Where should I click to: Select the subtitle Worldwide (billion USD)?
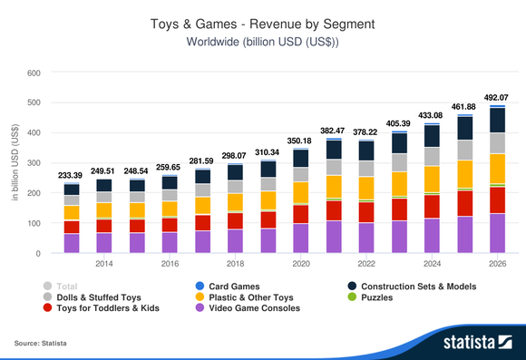pyautogui.click(x=262, y=42)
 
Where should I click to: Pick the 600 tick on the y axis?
pyautogui.click(x=34, y=73)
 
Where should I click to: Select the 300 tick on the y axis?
pyautogui.click(x=34, y=163)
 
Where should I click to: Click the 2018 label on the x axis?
pyautogui.click(x=235, y=264)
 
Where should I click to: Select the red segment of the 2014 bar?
pyautogui.click(x=103, y=226)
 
